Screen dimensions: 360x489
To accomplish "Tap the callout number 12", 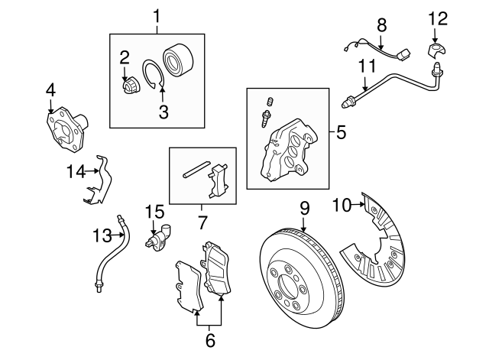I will click(x=435, y=17).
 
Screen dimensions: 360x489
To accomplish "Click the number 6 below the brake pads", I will click(x=209, y=341).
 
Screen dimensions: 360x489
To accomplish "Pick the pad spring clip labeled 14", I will click(x=99, y=183).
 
